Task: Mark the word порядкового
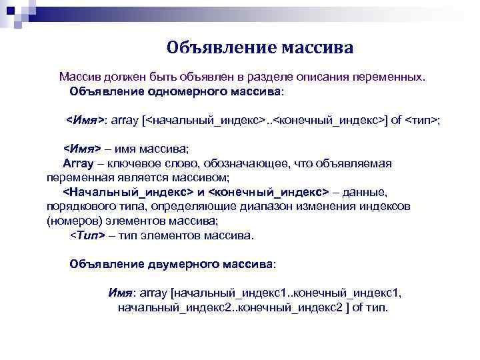pos(77,206)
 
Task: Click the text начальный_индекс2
pos(167,307)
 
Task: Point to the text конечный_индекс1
pos(347,293)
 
